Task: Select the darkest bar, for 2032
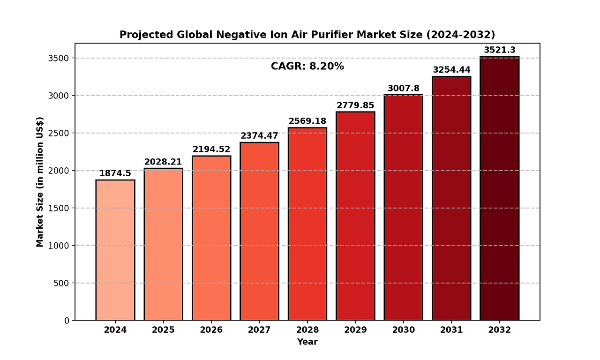click(499, 188)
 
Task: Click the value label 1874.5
click(115, 173)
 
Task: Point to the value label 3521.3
click(499, 50)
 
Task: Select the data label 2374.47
click(259, 136)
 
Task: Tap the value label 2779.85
click(355, 105)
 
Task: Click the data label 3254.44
click(451, 70)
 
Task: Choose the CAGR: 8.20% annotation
click(307, 67)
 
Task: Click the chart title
click(307, 35)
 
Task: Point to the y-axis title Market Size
click(40, 181)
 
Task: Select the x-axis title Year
click(307, 342)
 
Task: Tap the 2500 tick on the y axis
click(60, 133)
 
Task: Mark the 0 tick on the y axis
click(67, 321)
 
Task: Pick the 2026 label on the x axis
click(211, 330)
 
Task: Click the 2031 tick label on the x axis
click(451, 330)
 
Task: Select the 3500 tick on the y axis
click(60, 58)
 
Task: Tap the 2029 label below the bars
click(355, 330)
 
